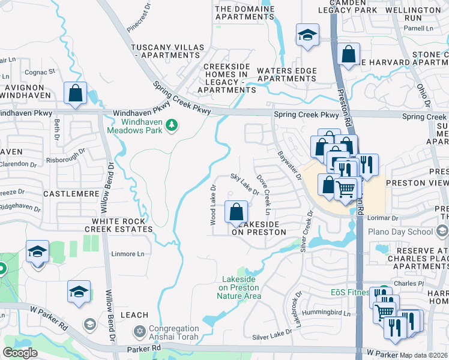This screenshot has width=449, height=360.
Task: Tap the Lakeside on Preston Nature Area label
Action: (x=241, y=287)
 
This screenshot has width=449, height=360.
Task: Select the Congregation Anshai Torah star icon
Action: (x=140, y=332)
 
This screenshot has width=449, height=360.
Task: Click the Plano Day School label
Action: (x=403, y=232)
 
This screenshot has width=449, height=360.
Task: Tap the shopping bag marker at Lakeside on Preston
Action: (x=237, y=211)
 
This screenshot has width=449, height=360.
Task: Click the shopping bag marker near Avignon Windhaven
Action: (x=75, y=94)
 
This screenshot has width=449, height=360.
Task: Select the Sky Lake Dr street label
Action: (x=245, y=184)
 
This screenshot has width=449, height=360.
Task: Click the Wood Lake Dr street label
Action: (x=212, y=205)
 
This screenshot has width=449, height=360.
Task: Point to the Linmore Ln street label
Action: (x=128, y=254)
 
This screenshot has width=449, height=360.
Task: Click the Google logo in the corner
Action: (x=20, y=353)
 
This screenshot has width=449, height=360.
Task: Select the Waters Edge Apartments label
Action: (x=286, y=74)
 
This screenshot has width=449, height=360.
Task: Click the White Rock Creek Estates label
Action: (x=115, y=225)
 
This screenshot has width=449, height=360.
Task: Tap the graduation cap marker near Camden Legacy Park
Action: (x=307, y=35)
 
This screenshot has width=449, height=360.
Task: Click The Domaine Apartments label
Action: (x=244, y=13)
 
